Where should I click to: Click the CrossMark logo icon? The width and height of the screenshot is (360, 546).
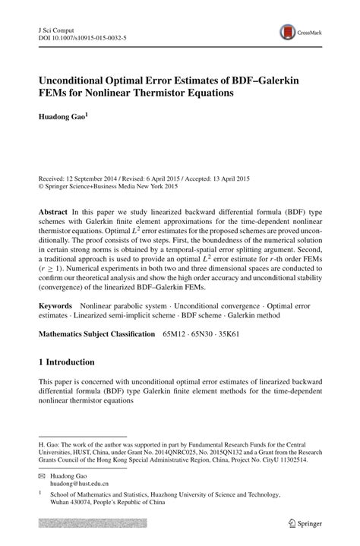(x=289, y=31)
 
